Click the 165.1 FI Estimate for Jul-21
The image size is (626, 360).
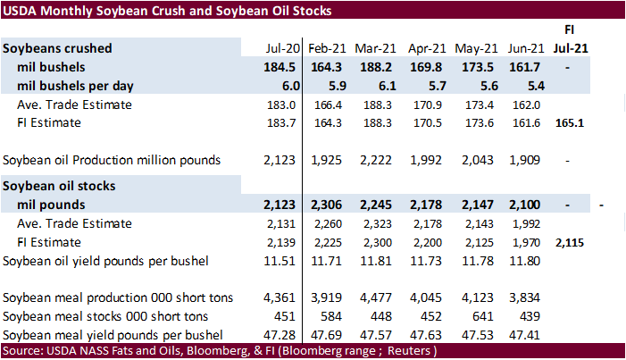[x=569, y=122]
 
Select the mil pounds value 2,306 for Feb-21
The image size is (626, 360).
[x=326, y=205]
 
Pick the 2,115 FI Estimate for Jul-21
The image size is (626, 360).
[x=569, y=242]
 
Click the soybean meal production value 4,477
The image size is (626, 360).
[x=375, y=297]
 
